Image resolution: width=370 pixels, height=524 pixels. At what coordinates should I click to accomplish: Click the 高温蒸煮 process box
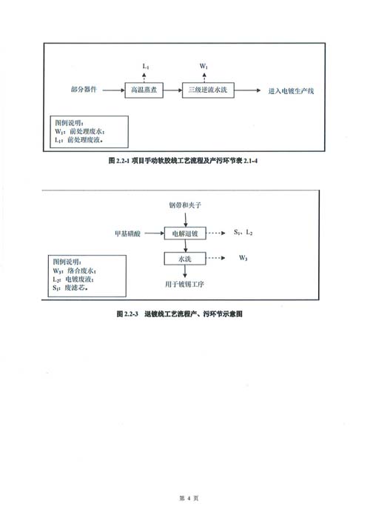[144, 90]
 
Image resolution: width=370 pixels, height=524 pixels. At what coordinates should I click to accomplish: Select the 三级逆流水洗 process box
[208, 90]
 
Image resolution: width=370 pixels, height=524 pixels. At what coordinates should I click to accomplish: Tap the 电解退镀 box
[185, 233]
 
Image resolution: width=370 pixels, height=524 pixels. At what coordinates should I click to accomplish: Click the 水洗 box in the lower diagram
[185, 259]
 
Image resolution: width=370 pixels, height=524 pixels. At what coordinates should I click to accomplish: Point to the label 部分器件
[84, 89]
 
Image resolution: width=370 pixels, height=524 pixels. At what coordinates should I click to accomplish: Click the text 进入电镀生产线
[292, 91]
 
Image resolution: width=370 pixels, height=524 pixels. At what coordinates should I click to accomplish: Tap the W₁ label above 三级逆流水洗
[203, 66]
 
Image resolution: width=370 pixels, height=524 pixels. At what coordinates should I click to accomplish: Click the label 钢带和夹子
[185, 205]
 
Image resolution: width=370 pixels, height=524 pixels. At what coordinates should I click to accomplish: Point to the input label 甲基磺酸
[128, 233]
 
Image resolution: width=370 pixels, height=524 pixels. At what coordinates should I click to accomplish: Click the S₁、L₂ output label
[243, 232]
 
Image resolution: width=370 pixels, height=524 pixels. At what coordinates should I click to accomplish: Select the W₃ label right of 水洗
[243, 258]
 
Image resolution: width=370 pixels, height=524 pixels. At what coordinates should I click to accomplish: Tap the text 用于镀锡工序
[184, 285]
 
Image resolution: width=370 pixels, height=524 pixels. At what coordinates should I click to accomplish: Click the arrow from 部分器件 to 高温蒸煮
[113, 90]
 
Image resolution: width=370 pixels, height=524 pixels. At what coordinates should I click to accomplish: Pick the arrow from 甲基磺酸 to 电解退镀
[154, 233]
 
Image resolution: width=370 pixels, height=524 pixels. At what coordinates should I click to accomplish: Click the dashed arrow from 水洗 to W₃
[216, 258]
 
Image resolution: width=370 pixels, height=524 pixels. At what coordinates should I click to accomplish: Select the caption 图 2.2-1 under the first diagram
[184, 161]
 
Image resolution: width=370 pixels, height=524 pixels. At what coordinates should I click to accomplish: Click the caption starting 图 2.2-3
[180, 314]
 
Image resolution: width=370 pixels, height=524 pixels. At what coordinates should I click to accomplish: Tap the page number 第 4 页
[189, 498]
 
